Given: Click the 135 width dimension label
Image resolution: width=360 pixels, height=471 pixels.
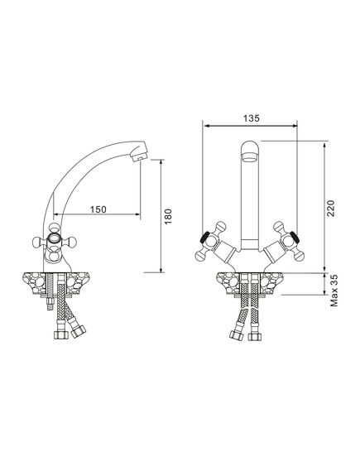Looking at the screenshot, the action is (251, 118).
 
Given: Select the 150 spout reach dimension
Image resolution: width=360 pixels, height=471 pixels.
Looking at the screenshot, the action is (98, 209).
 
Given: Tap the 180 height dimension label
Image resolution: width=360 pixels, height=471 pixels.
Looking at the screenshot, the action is (168, 216).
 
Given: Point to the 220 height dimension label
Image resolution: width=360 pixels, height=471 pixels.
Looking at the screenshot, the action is (330, 208).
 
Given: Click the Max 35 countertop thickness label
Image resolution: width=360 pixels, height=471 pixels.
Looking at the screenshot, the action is (334, 291).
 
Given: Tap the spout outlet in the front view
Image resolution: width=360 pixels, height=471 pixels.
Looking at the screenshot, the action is (249, 157).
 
